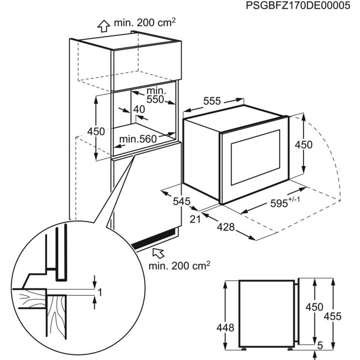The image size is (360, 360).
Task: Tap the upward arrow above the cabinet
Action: (x=102, y=25)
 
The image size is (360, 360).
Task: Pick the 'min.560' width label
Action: (x=138, y=140)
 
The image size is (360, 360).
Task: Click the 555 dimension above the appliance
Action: (x=213, y=101)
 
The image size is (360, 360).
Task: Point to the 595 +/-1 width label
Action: (x=274, y=203)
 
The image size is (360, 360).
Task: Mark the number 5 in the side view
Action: (x=320, y=344)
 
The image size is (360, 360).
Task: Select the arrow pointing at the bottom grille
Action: (x=158, y=254)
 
